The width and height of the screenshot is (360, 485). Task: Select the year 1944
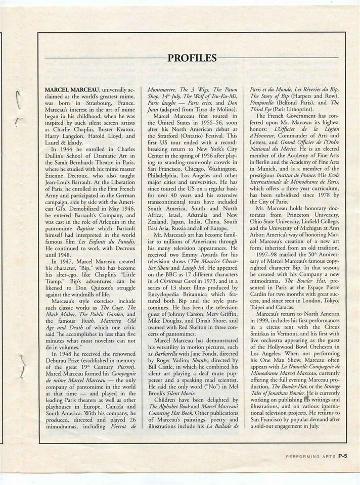coord(68,150)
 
